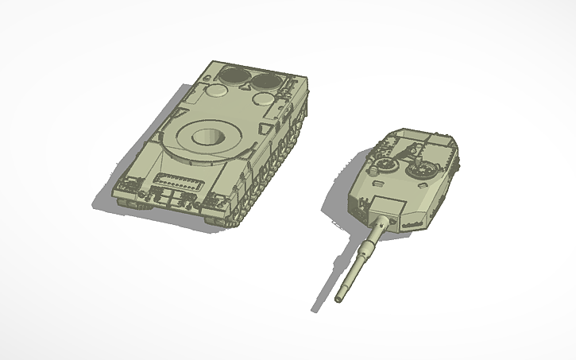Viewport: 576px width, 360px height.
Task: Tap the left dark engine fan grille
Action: (x=232, y=75)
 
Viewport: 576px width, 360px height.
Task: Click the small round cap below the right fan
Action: (x=264, y=99)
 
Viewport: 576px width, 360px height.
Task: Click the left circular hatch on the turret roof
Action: (x=384, y=165)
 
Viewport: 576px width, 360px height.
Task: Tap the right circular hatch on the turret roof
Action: (x=422, y=169)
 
